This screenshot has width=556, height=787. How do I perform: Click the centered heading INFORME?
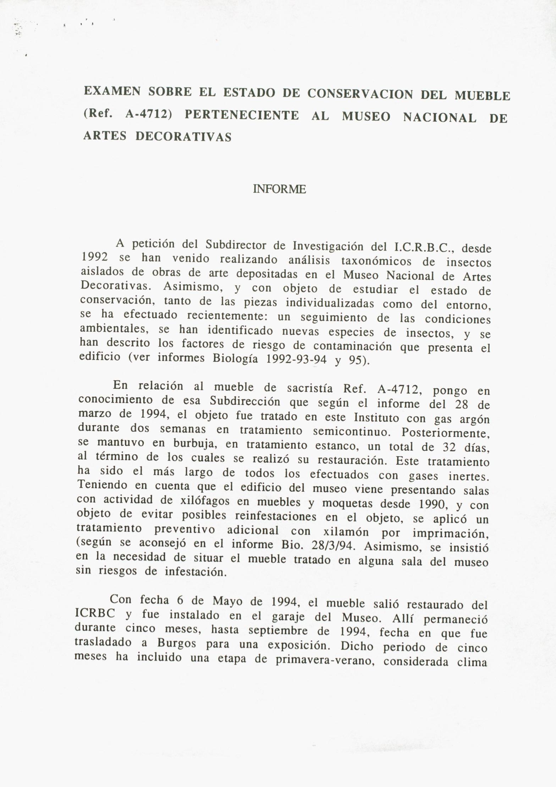pyautogui.click(x=279, y=189)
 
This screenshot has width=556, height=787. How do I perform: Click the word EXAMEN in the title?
pyautogui.click(x=112, y=92)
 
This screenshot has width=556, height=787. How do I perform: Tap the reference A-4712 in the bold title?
pyautogui.click(x=149, y=115)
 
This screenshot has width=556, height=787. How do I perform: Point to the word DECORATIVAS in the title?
pyautogui.click(x=184, y=137)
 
